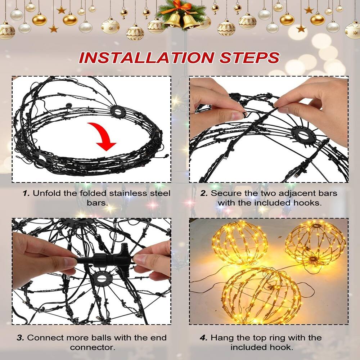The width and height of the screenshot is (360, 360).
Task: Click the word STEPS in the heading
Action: [x=248, y=58]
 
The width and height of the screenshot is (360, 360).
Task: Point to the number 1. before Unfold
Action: [x=26, y=193]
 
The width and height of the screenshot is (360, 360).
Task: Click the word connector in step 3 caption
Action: [x=93, y=347]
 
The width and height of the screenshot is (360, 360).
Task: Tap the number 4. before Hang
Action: [x=204, y=338]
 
